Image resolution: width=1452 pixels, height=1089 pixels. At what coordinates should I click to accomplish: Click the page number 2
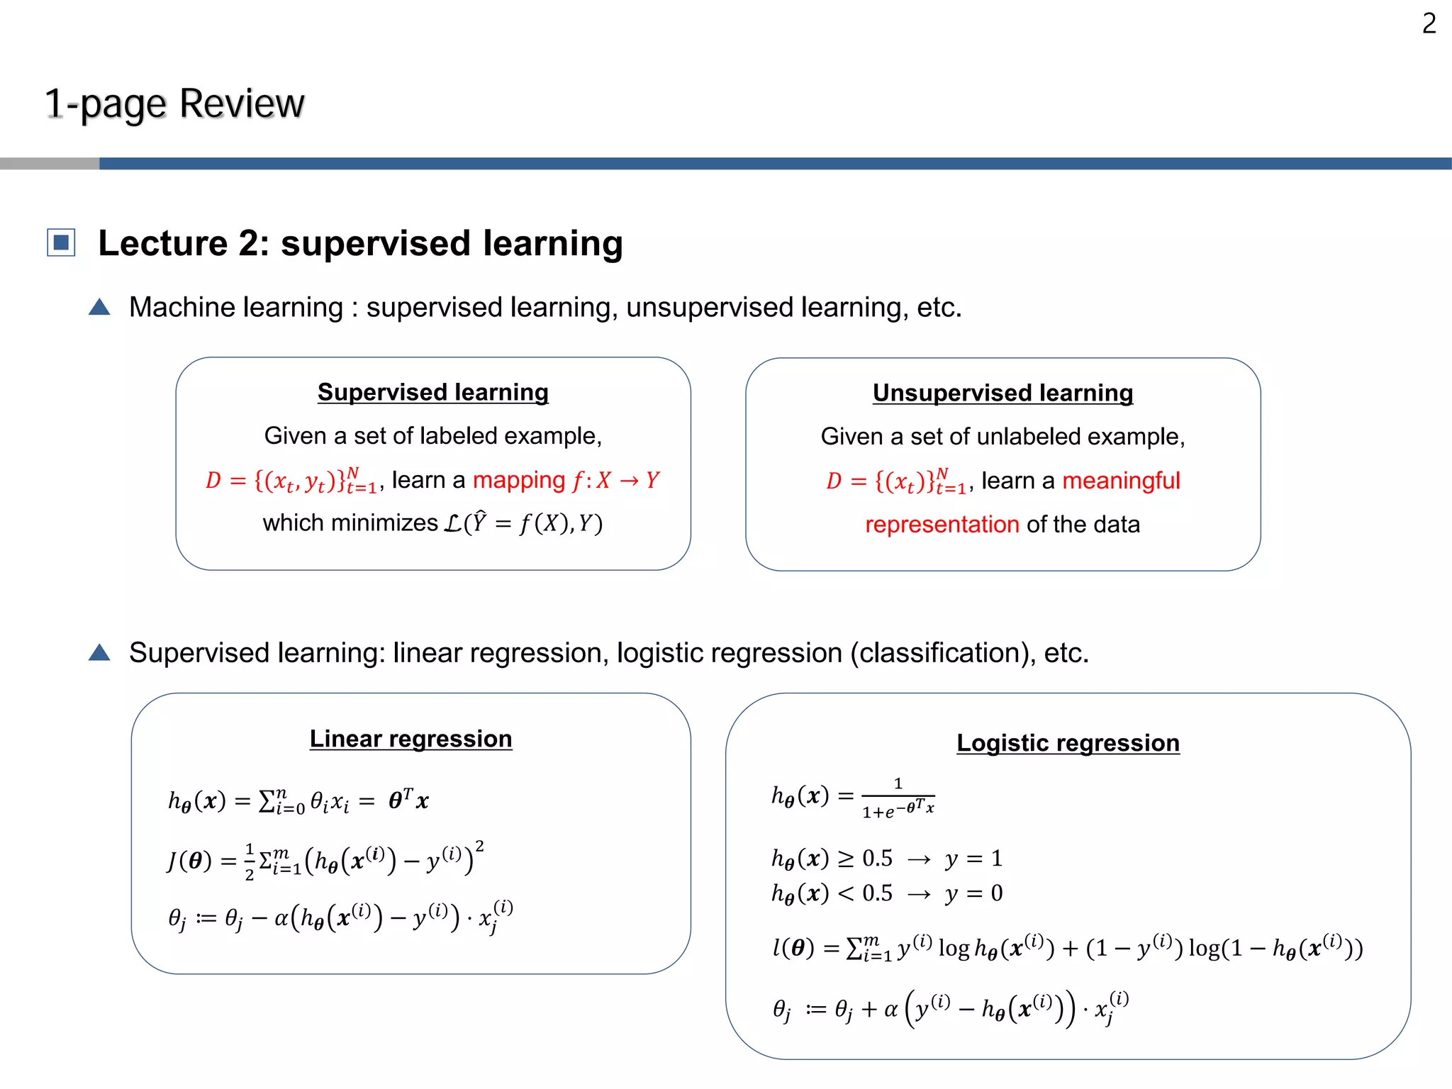[x=1429, y=24]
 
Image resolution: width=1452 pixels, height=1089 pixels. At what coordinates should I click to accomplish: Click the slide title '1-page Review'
[x=174, y=104]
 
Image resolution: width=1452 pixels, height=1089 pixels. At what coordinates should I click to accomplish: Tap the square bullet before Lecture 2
[x=61, y=242]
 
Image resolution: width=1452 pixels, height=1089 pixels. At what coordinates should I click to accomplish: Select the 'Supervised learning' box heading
[x=432, y=392]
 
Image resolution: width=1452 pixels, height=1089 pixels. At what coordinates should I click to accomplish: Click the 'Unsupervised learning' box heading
[x=1003, y=393]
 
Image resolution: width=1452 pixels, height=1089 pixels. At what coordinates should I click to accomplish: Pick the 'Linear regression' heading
[x=411, y=739]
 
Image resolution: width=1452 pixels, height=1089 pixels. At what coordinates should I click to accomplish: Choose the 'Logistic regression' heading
[x=1068, y=743]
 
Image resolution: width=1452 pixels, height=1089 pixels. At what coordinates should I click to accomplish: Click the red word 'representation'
[x=942, y=525]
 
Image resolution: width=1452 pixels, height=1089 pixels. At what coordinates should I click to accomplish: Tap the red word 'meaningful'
[x=1121, y=481]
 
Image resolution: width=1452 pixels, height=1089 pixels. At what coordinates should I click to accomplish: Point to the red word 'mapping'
[x=519, y=480]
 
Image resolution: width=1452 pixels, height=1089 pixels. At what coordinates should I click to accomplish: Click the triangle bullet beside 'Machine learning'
[x=99, y=307]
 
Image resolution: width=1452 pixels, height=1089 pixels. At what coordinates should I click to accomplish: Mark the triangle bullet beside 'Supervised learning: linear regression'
[x=99, y=652]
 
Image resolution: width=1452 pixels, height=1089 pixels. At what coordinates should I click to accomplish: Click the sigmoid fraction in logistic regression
[x=898, y=798]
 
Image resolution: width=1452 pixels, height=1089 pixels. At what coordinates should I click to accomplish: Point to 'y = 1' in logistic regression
[x=973, y=859]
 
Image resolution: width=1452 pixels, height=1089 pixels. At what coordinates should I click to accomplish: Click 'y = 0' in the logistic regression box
[x=973, y=893]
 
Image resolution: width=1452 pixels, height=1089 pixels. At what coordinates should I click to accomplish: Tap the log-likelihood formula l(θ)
[x=1067, y=948]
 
